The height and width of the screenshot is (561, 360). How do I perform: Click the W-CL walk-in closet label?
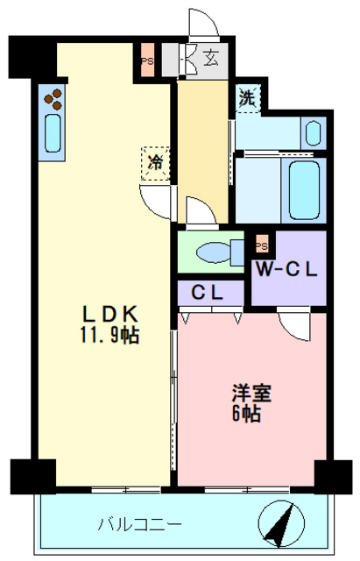pyautogui.click(x=287, y=269)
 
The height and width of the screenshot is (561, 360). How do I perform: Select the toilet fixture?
pyautogui.click(x=215, y=252)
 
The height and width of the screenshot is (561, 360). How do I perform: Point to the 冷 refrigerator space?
pyautogui.click(x=155, y=161)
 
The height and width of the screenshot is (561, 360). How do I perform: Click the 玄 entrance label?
pyautogui.click(x=212, y=60)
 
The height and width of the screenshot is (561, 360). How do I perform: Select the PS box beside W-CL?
pyautogui.click(x=261, y=245)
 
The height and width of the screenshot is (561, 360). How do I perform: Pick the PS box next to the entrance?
pyautogui.click(x=148, y=60)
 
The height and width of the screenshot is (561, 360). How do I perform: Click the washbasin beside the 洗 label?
pyautogui.click(x=314, y=132)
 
